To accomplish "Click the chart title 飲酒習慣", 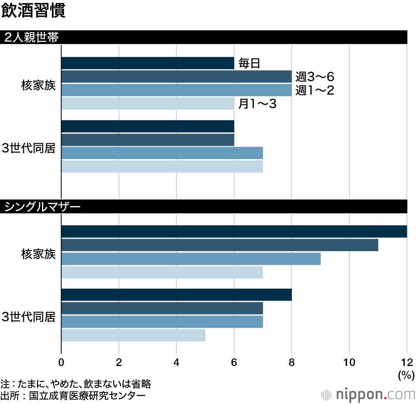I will point(33,11).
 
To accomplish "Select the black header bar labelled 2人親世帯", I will point(204,37).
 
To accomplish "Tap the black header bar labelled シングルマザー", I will point(204,207).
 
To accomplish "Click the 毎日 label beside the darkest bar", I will point(249,64).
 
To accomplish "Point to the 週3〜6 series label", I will point(315,77).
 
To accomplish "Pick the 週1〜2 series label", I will point(315,90).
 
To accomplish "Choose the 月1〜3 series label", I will point(257,104).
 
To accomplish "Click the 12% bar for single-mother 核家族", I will point(234,232).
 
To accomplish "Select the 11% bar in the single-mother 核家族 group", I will point(220,245).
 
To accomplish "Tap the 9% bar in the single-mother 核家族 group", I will point(191,259).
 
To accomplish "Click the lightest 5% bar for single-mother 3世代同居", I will point(133,335).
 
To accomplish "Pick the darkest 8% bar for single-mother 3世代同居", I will point(176,294).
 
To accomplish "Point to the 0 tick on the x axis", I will point(62,362).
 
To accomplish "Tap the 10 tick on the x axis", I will point(349,362).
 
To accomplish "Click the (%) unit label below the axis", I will point(406,375).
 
